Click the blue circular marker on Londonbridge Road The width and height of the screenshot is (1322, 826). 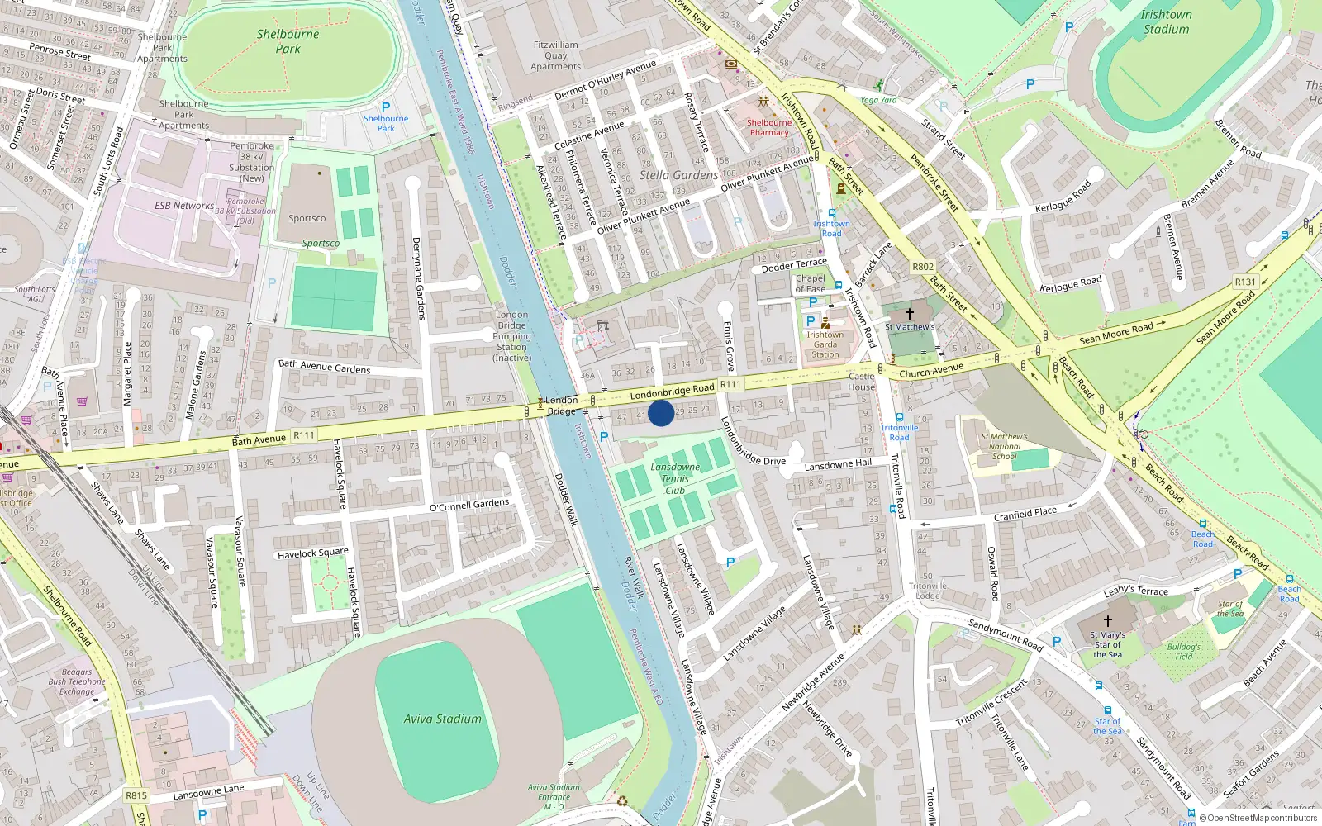661,413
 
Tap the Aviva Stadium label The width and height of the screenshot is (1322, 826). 442,719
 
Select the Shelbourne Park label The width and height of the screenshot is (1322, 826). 288,41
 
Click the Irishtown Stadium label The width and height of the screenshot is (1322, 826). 1166,21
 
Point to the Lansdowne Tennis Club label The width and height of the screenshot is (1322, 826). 675,479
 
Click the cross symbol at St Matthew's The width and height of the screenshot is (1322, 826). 910,314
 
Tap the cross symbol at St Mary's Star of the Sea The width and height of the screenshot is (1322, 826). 1107,620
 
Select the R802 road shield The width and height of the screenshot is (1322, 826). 923,267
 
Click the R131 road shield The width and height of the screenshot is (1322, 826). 1245,282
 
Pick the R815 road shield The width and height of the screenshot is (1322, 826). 136,795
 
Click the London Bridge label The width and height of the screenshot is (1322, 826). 561,406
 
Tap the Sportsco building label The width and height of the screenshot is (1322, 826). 307,219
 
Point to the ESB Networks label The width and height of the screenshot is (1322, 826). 184,206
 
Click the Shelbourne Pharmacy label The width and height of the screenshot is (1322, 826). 769,127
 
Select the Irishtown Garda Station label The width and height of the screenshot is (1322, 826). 825,344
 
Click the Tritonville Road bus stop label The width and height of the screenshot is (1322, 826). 899,432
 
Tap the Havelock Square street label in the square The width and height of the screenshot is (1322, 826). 313,553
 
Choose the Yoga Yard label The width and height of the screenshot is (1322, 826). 878,100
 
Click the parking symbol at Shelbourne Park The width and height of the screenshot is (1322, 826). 386,107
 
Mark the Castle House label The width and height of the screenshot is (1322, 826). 861,382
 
